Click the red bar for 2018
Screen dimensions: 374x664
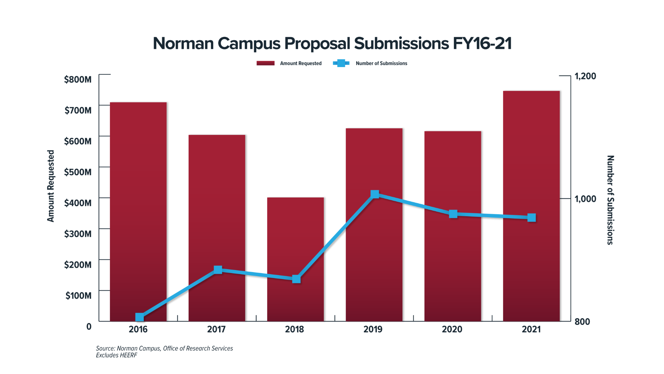click(x=295, y=239)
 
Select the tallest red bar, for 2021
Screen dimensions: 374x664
click(x=531, y=166)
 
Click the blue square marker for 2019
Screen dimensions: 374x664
click(x=374, y=194)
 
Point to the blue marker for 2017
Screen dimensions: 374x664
click(x=218, y=269)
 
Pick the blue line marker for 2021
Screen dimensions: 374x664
click(x=532, y=218)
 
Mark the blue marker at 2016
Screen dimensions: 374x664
click(x=139, y=317)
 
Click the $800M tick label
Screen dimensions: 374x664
click(x=78, y=79)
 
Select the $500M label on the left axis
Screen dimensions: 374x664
click(x=78, y=172)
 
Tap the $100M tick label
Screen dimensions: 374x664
click(x=79, y=296)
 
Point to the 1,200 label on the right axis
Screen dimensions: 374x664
click(x=585, y=76)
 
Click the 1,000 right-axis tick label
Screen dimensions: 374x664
click(x=585, y=199)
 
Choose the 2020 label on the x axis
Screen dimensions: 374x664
click(x=452, y=329)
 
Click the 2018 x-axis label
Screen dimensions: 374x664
click(x=294, y=329)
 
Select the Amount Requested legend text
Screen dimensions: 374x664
click(x=301, y=63)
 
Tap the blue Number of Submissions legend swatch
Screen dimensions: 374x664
click(x=341, y=63)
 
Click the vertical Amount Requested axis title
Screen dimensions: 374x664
click(x=50, y=186)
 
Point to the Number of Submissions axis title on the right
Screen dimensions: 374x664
click(x=610, y=200)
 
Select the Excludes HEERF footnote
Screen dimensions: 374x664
click(x=117, y=355)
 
